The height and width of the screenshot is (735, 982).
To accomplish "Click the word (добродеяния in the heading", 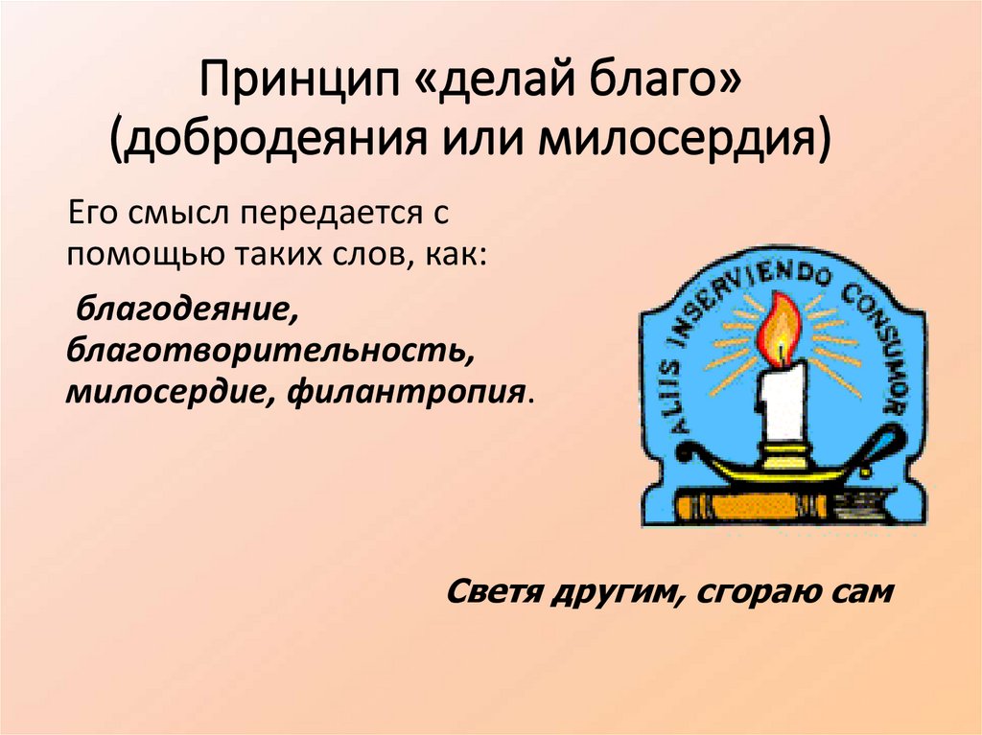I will click(x=274, y=142).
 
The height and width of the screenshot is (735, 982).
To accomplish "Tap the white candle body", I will click(x=781, y=402).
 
